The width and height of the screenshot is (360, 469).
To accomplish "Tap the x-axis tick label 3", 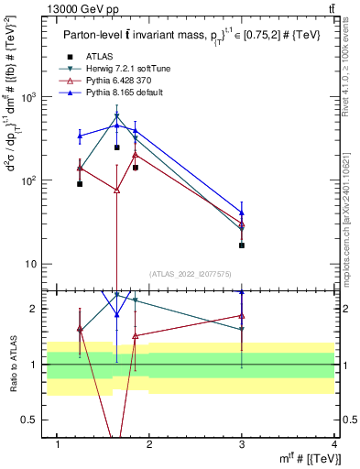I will pyautogui.click(x=242, y=443).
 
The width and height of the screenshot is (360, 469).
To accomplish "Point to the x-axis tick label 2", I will pyautogui.click(x=150, y=443).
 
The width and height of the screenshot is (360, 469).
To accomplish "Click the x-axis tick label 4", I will pyautogui.click(x=333, y=443).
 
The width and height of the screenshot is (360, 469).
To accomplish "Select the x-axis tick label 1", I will pyautogui.click(x=59, y=443).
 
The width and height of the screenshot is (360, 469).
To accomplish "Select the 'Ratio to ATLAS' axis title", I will pyautogui.click(x=11, y=364).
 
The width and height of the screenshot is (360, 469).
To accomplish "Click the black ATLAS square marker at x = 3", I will pyautogui.click(x=242, y=245).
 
